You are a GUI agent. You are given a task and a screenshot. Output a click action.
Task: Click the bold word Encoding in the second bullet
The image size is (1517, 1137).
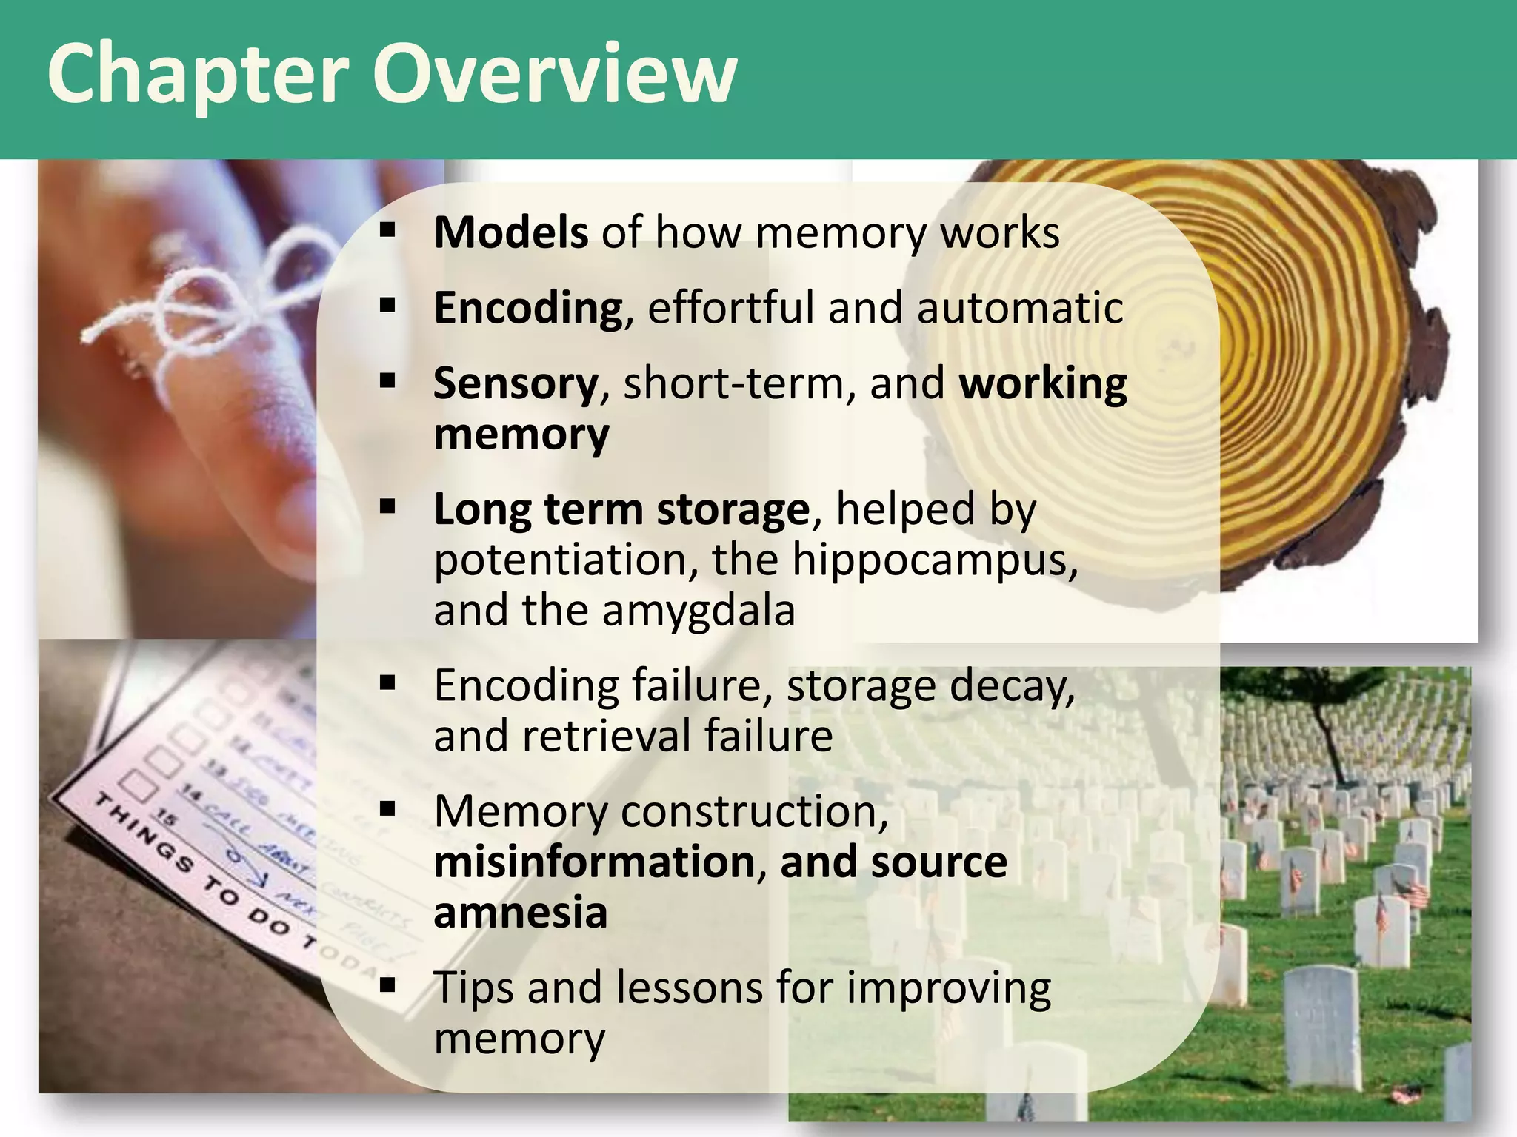click(528, 308)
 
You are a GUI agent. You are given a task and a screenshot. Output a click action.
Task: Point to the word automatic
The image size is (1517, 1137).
click(1020, 308)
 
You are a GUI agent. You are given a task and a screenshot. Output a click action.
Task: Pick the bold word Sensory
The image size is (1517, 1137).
click(516, 385)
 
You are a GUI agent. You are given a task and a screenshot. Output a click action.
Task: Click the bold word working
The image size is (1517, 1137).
click(1043, 385)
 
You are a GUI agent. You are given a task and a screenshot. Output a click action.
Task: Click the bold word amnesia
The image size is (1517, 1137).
click(520, 913)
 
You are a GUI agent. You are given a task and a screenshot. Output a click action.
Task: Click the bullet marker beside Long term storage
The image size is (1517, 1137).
click(387, 508)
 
